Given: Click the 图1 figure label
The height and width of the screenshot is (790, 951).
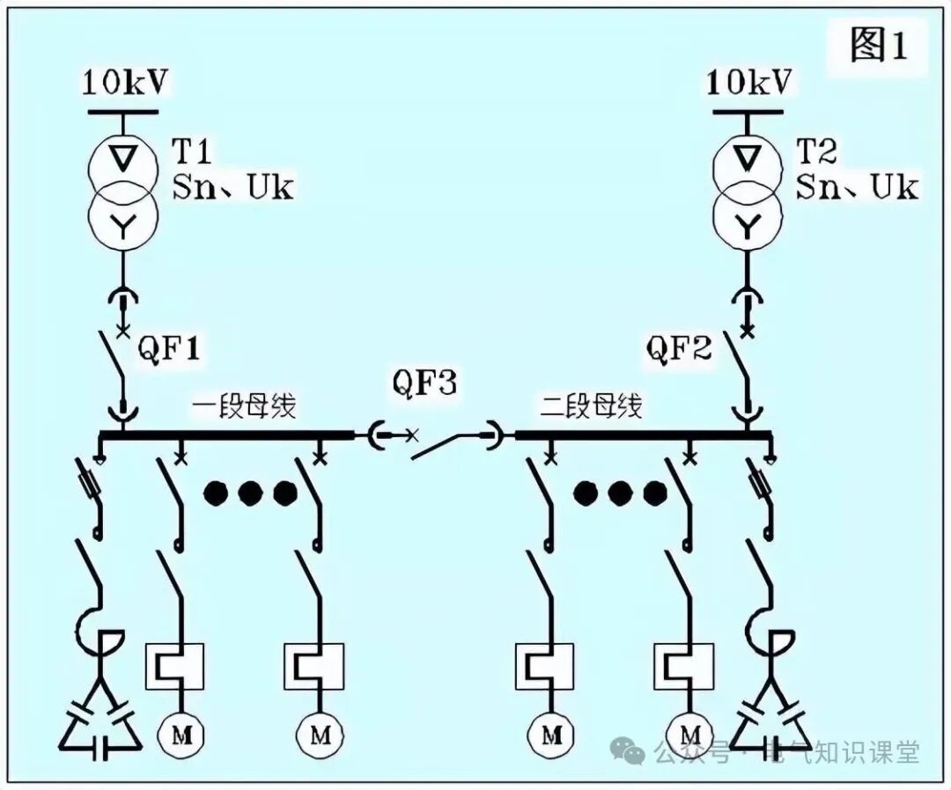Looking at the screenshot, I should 877,44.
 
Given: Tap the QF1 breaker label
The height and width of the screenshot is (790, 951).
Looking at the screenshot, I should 169,350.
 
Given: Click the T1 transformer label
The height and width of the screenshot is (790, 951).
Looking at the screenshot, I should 191,152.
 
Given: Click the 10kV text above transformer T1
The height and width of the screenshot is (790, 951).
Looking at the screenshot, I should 124,83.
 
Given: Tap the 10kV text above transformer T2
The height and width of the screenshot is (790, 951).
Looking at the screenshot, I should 749,83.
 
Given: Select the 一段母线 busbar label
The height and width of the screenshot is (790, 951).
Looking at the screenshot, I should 244,406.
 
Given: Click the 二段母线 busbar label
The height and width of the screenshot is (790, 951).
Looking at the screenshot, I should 591,406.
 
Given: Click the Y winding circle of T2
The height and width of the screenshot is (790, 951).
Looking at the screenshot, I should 748,227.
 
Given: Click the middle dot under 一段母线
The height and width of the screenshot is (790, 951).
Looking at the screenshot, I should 249,494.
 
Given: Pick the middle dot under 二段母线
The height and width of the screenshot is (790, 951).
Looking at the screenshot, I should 620,494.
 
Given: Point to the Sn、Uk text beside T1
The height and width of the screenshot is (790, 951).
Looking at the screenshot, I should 233,187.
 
